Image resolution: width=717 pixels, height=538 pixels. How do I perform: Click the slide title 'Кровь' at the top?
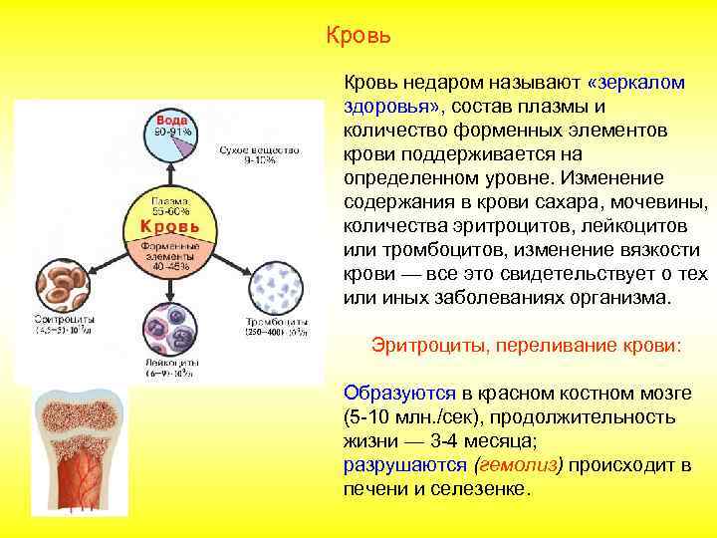(x=358, y=37)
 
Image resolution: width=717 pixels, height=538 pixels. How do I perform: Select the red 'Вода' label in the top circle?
(x=170, y=120)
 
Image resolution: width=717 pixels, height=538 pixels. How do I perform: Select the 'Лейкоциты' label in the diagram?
(x=169, y=364)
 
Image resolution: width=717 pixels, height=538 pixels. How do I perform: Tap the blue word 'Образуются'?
(x=399, y=393)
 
